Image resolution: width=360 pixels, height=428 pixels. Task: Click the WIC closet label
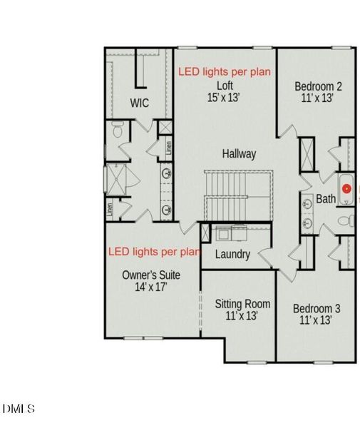140,103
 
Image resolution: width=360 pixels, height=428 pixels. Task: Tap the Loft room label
225,86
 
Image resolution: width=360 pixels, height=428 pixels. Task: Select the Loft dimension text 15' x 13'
225,98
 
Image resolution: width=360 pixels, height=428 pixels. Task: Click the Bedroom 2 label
318,86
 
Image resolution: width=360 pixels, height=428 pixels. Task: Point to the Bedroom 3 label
317,309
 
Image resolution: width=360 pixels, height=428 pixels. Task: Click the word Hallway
239,153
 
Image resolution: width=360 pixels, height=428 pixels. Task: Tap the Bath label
326,199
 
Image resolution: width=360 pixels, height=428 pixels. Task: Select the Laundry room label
232,255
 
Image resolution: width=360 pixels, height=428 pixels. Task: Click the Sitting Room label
242,304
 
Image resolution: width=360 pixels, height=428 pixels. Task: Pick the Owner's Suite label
151,275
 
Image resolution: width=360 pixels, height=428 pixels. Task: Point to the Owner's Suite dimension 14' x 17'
151,287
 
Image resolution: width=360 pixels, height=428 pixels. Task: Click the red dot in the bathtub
346,189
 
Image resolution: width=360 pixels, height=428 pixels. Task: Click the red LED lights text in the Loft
224,72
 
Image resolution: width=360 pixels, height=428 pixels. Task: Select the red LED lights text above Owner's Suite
154,252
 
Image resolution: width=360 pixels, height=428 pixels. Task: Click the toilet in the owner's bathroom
118,131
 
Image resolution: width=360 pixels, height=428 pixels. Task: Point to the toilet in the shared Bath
344,220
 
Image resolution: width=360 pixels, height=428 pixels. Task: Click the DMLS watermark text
19,409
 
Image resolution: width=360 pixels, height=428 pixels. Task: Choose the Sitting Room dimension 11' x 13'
242,316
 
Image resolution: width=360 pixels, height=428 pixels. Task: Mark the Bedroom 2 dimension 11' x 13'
318,98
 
